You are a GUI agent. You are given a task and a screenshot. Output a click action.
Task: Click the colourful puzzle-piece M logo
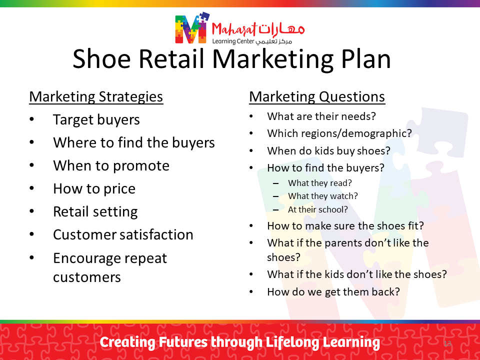coord(192,28)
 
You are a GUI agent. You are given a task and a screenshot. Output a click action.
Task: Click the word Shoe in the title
coord(101,59)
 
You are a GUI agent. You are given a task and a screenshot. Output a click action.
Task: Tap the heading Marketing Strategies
coord(96,96)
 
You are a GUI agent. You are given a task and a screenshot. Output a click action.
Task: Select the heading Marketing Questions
coord(317,96)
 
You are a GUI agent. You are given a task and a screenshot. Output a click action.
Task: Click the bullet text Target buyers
coord(96,119)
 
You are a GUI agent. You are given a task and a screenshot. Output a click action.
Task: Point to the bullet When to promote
coord(111,165)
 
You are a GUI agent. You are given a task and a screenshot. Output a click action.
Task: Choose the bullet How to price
coord(94,188)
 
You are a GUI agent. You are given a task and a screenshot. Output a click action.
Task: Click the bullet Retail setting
coord(95,211)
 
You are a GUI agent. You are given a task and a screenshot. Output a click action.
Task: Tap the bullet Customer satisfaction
coord(123,235)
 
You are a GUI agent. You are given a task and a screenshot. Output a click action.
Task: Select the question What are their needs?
coord(321,116)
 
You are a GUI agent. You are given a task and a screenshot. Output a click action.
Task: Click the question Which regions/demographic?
coord(339,133)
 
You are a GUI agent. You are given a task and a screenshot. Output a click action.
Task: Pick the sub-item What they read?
coord(320,183)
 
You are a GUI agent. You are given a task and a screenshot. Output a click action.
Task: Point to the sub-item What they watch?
coord(323,196)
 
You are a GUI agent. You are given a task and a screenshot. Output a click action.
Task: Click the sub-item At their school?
coord(318,209)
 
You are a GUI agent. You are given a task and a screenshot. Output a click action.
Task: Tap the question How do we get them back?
coord(333,291)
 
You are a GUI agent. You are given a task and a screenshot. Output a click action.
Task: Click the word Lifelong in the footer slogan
coord(292,342)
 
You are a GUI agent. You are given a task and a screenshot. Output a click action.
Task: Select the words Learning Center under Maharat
coord(233,41)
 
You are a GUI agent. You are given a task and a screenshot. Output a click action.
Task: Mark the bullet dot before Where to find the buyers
coord(32,142)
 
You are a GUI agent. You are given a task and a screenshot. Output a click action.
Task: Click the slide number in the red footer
coord(447,343)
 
